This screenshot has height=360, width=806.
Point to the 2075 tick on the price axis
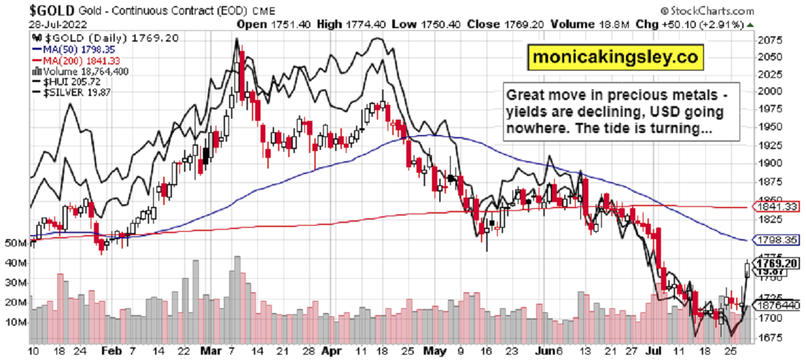767,40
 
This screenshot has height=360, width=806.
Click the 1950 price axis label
767,126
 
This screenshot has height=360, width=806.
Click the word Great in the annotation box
526,95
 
